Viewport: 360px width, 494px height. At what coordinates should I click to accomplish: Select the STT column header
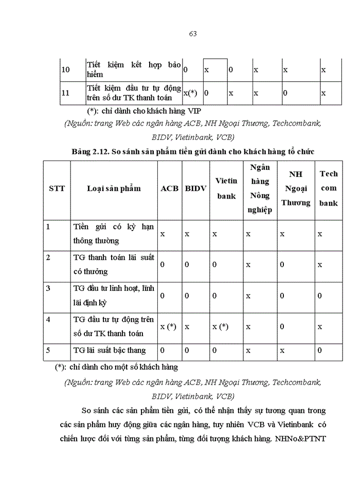tap(57, 188)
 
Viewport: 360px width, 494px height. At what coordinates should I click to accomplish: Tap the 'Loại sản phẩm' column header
tap(114, 188)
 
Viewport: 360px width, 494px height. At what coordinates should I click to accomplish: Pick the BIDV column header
tap(195, 188)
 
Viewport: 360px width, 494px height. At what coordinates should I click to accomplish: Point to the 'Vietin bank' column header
tap(226, 188)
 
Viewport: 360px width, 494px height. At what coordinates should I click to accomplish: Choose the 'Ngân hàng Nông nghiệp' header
tap(260, 188)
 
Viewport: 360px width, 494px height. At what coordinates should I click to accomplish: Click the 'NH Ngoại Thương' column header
tap(296, 188)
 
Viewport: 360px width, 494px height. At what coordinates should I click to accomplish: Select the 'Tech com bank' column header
tap(329, 188)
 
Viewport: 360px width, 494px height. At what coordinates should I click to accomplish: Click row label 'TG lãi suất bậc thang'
tap(110, 350)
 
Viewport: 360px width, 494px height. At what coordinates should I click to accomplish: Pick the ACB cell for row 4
tap(168, 326)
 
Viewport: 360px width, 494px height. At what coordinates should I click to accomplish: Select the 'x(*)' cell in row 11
tap(190, 93)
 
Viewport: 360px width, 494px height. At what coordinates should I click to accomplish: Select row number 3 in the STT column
tap(48, 288)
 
